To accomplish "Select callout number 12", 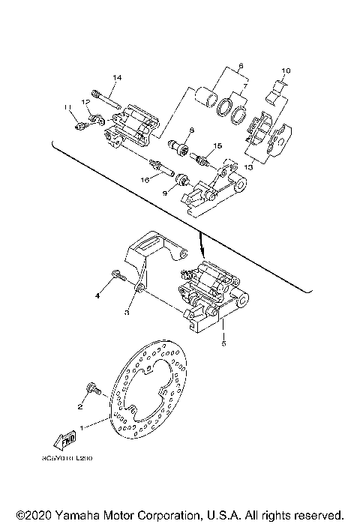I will pyautogui.click(x=86, y=101).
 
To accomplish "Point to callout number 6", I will pyautogui.click(x=241, y=66).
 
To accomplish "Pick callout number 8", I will pyautogui.click(x=190, y=130).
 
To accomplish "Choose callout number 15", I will pyautogui.click(x=217, y=145).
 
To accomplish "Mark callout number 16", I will pyautogui.click(x=144, y=180).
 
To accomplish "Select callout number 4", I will pyautogui.click(x=97, y=296).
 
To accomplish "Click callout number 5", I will pyautogui.click(x=223, y=346).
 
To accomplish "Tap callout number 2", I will pyautogui.click(x=77, y=407).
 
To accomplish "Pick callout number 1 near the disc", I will pyautogui.click(x=84, y=426).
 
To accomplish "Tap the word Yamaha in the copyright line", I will pyautogui.click(x=79, y=516).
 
